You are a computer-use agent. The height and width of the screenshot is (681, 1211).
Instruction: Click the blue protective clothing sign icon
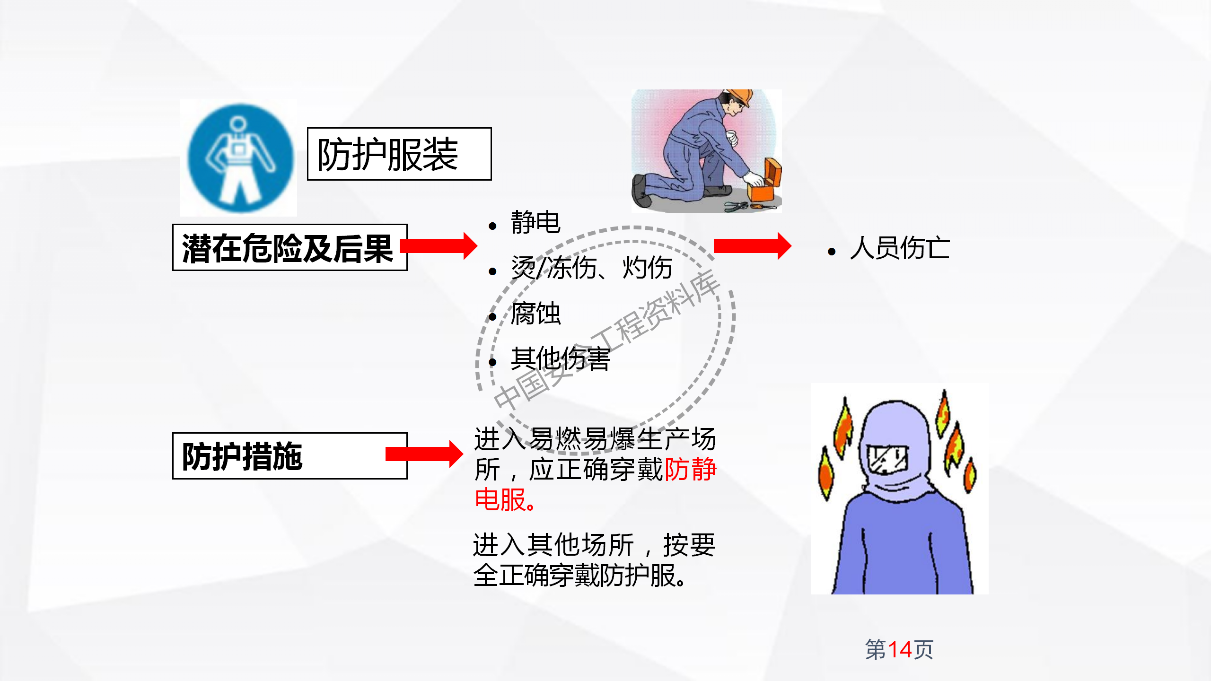pyautogui.click(x=240, y=158)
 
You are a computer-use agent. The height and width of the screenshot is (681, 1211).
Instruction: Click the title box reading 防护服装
pyautogui.click(x=399, y=154)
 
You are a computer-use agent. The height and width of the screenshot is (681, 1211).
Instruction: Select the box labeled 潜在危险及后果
pyautogui.click(x=289, y=247)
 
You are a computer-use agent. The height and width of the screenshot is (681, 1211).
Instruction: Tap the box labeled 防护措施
pyautogui.click(x=289, y=456)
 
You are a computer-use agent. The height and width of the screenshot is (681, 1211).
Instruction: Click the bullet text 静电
pyautogui.click(x=535, y=222)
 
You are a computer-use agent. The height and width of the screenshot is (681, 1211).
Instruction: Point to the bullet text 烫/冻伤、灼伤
pyautogui.click(x=591, y=268)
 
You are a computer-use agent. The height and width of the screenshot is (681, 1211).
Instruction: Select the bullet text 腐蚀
pyautogui.click(x=535, y=313)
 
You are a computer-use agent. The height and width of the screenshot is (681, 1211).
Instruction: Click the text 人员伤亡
pyautogui.click(x=899, y=248)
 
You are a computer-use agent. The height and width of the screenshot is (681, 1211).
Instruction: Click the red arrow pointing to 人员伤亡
pyautogui.click(x=752, y=246)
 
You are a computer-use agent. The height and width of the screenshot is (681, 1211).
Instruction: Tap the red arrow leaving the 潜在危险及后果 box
pyautogui.click(x=439, y=246)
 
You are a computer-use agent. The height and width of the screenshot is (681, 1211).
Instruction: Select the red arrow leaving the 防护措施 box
pyautogui.click(x=424, y=454)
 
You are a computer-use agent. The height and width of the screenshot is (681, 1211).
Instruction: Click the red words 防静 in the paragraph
pyautogui.click(x=691, y=469)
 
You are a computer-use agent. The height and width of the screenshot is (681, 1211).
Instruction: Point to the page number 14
pyautogui.click(x=900, y=649)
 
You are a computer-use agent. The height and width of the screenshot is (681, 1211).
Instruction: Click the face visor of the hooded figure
pyautogui.click(x=887, y=459)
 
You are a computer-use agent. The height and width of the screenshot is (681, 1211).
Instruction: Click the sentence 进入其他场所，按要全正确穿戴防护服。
pyautogui.click(x=593, y=560)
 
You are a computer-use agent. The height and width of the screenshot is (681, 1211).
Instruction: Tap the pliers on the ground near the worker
pyautogui.click(x=736, y=206)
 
